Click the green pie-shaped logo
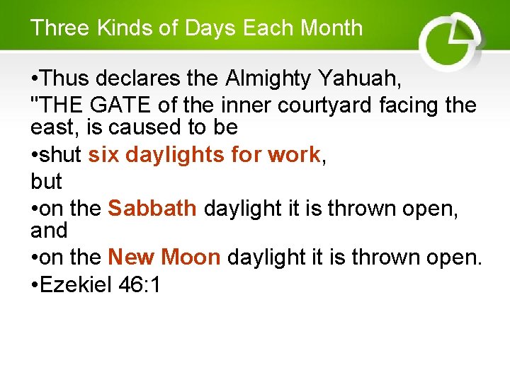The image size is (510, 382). click(x=449, y=39)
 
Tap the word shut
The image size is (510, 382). click(x=62, y=155)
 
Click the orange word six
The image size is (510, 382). click(x=103, y=155)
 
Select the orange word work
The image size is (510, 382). click(x=294, y=155)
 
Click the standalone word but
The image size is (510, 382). click(x=47, y=181)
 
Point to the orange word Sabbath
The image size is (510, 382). click(x=152, y=208)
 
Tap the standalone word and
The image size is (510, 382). click(x=50, y=230)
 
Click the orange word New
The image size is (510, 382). click(x=131, y=257)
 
